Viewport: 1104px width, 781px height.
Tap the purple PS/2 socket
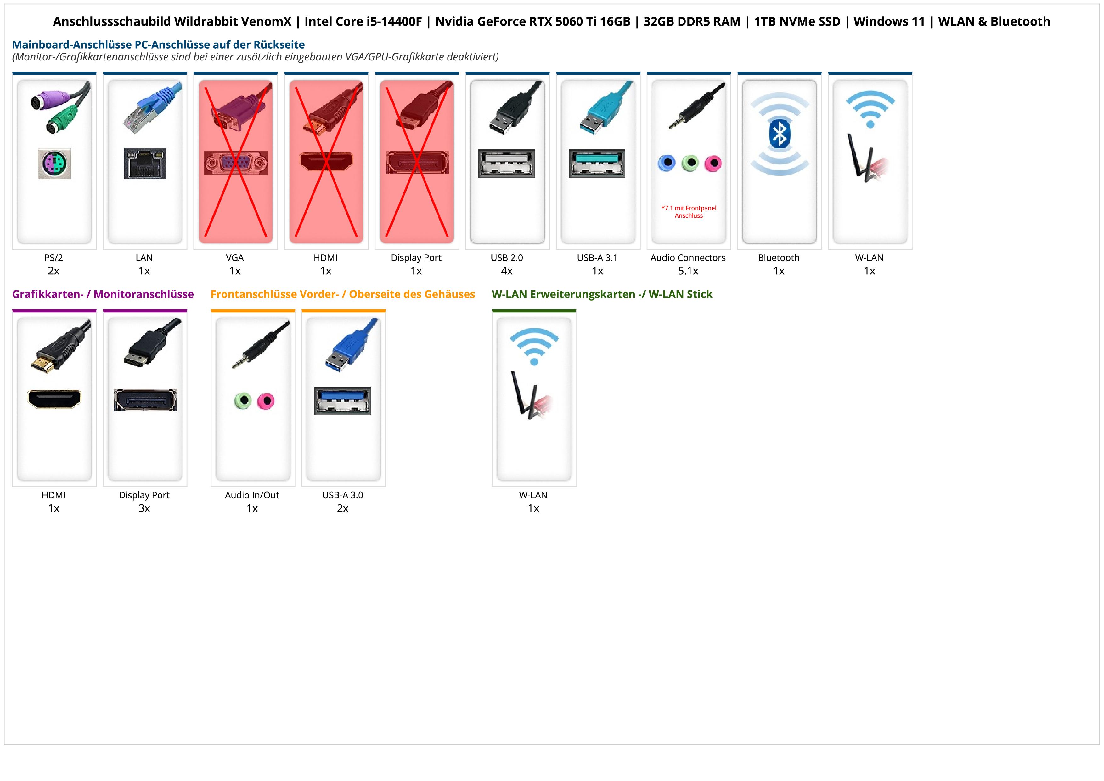tap(54, 164)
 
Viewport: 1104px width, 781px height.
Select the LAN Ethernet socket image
tap(145, 164)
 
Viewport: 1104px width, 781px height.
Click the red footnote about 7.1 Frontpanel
tap(689, 212)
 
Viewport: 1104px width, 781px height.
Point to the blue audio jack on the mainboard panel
tap(667, 163)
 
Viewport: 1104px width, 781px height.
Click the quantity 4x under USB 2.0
tap(507, 271)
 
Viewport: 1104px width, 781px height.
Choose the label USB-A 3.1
tap(597, 257)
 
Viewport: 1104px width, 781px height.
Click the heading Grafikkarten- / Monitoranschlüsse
tap(103, 294)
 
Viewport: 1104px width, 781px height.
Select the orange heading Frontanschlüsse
tap(342, 294)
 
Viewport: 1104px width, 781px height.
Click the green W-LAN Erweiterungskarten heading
tap(601, 294)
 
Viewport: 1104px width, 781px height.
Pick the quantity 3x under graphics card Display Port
tap(144, 508)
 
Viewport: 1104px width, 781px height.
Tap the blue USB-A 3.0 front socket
tap(342, 400)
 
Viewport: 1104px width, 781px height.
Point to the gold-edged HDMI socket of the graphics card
tap(54, 399)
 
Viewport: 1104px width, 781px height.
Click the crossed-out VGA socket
tap(235, 163)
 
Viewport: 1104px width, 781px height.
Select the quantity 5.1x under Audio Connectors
tap(688, 271)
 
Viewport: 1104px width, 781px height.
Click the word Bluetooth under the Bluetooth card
tap(779, 257)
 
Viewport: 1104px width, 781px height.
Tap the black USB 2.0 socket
tap(506, 163)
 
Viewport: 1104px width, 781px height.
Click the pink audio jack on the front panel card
tap(265, 401)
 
